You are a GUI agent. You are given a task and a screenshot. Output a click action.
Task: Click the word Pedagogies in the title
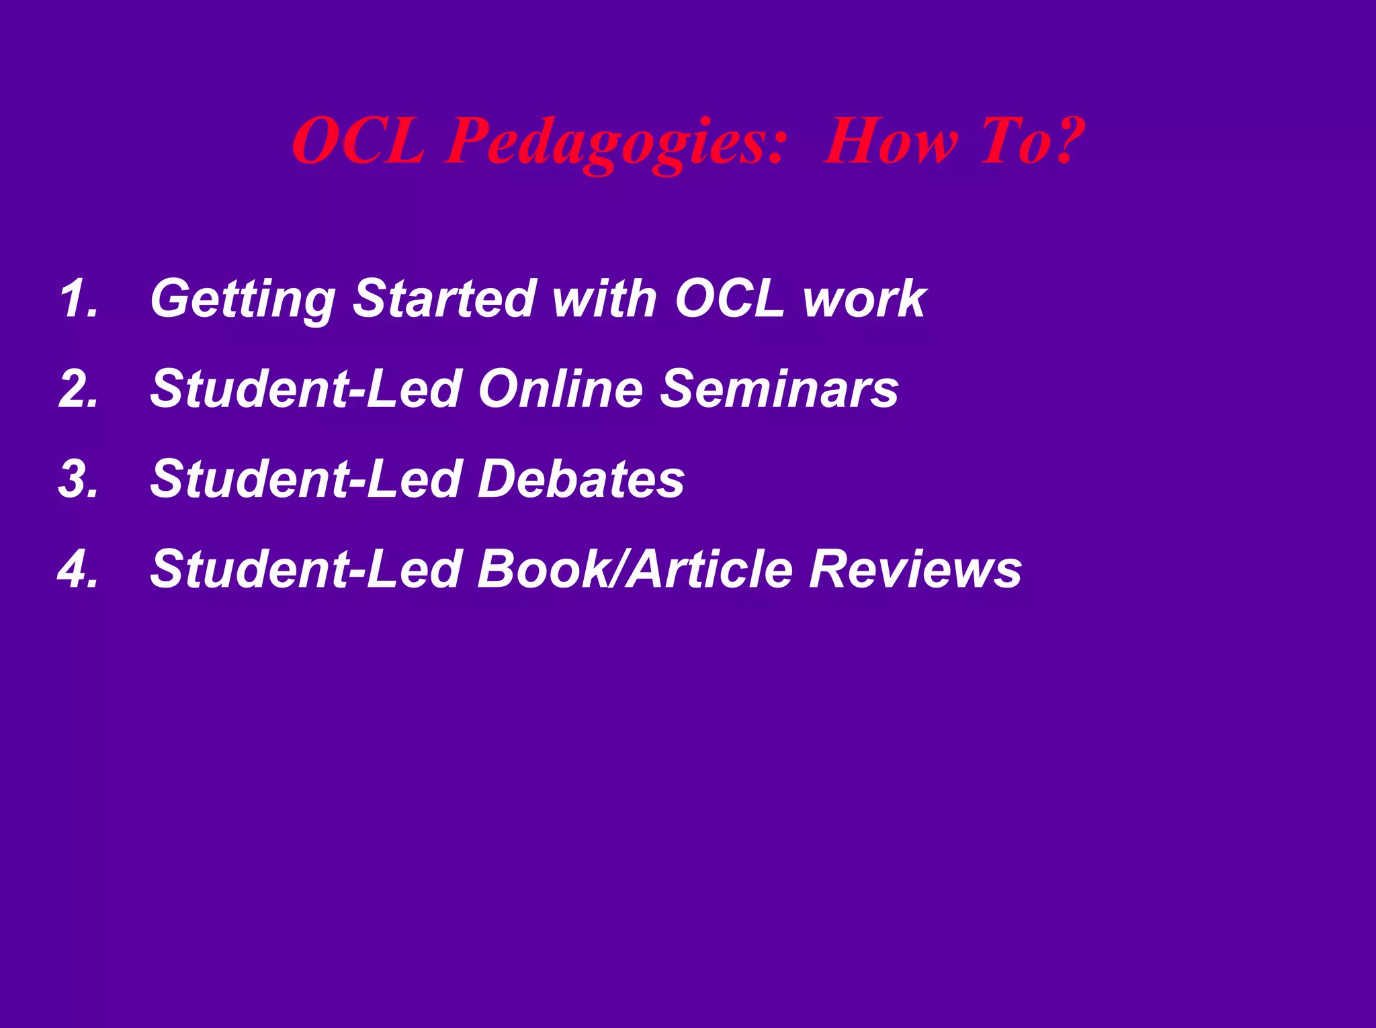[x=615, y=142]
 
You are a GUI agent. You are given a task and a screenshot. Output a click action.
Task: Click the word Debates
[x=580, y=479]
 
